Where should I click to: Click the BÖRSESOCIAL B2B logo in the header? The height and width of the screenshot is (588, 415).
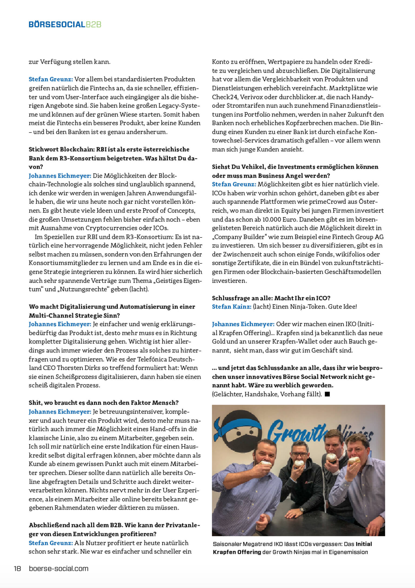tap(65, 25)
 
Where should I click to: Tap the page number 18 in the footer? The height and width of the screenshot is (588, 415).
tap(17, 569)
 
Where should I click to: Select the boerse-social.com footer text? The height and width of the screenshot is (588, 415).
tap(59, 569)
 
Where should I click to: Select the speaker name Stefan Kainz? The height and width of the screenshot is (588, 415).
tap(232, 307)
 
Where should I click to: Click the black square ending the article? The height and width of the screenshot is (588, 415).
tap(327, 394)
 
